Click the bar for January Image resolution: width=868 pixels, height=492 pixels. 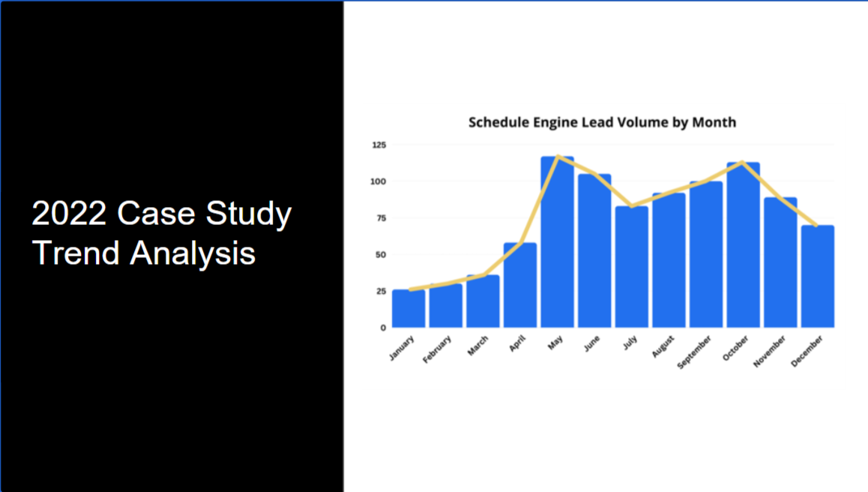point(409,308)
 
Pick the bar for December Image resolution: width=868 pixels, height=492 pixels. point(817,277)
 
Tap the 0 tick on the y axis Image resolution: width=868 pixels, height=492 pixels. point(383,328)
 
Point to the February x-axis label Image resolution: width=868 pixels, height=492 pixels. point(437,349)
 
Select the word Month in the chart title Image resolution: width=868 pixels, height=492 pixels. point(715,121)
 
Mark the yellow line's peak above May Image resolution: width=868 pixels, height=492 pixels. point(558,156)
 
